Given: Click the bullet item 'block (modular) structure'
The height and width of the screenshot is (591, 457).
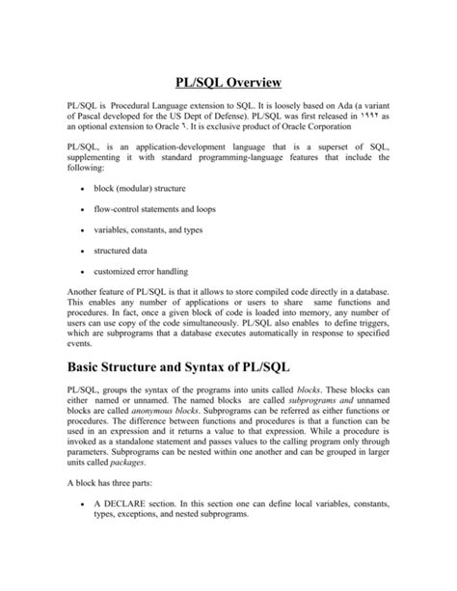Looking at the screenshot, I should (140, 188).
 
